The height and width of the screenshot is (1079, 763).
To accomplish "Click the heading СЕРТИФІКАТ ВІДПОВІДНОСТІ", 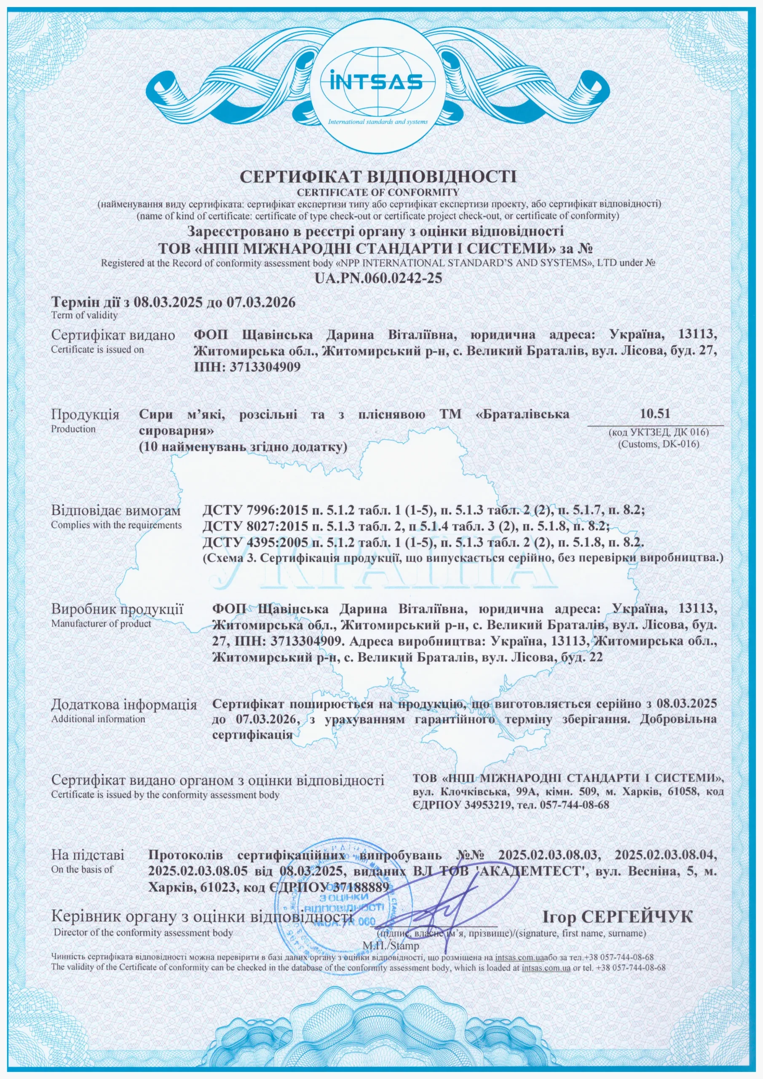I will point(378,177).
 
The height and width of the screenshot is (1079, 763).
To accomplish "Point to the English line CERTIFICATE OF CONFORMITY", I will point(378,192).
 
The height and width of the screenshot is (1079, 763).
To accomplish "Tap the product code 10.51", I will point(654,413).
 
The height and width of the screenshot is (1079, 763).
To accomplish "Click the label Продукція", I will point(86,415).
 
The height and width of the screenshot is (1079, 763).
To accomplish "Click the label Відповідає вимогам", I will point(115,510).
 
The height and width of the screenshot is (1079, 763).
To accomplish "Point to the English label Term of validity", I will point(85,315).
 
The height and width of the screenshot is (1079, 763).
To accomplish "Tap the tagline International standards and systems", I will point(378,122).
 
